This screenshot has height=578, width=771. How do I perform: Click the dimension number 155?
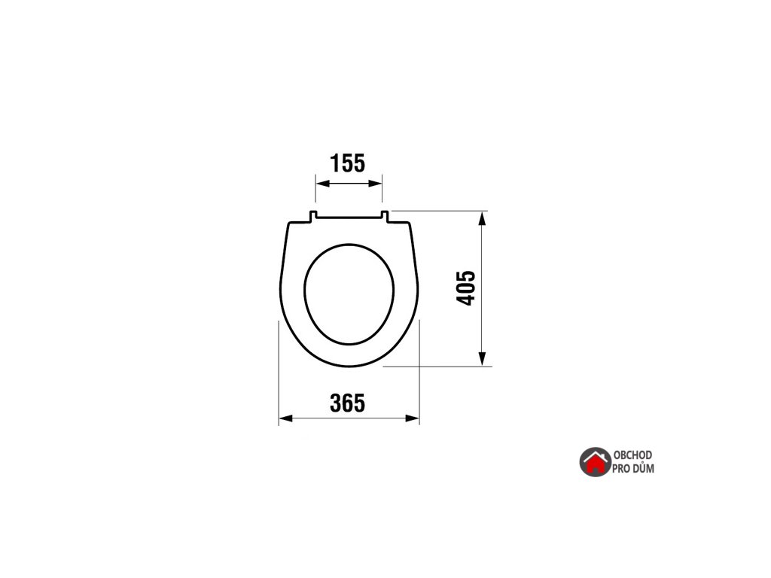(347, 163)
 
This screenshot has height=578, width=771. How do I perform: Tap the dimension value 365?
(347, 403)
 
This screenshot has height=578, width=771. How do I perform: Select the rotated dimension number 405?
(465, 288)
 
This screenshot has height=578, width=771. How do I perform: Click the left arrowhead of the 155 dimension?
(322, 184)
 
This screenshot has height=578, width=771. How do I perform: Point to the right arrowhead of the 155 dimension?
(375, 184)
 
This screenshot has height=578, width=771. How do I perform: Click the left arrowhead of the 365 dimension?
(285, 418)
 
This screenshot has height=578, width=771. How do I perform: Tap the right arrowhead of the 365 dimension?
(412, 418)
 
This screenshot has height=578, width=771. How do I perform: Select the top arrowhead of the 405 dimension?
(483, 219)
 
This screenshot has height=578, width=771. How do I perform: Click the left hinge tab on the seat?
(312, 216)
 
